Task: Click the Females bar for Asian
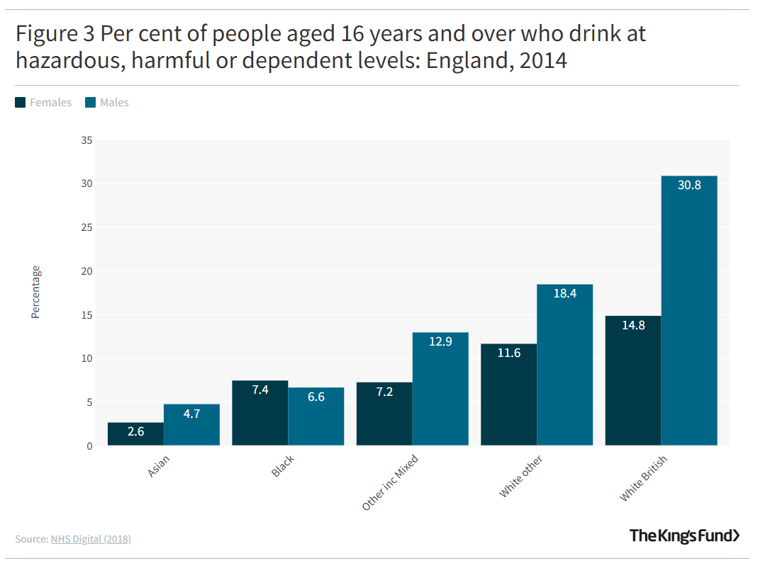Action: coord(135,433)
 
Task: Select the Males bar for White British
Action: coord(689,311)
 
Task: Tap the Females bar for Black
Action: coord(260,413)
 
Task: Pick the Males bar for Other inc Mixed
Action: coord(440,389)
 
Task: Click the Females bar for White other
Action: coord(508,394)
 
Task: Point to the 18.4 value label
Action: coord(564,293)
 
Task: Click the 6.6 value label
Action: coord(316,397)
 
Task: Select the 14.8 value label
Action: coord(633,325)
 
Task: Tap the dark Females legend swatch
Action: coord(21,103)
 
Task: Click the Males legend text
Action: coord(114,103)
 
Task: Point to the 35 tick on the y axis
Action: coord(87,140)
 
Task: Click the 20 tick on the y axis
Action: coord(87,271)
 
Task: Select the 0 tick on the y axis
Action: coord(89,446)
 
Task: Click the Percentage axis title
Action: coord(35,292)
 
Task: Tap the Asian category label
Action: coord(159,466)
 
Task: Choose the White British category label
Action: coord(643,478)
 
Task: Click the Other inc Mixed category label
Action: coord(390,482)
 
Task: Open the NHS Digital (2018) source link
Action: coord(91,539)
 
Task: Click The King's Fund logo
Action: coord(684,535)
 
